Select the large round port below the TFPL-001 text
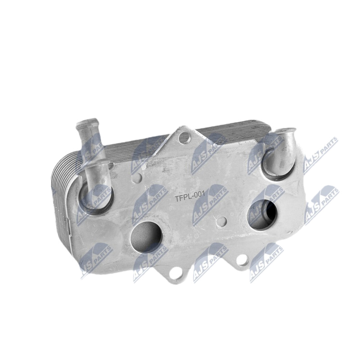pyautogui.click(x=146, y=237)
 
